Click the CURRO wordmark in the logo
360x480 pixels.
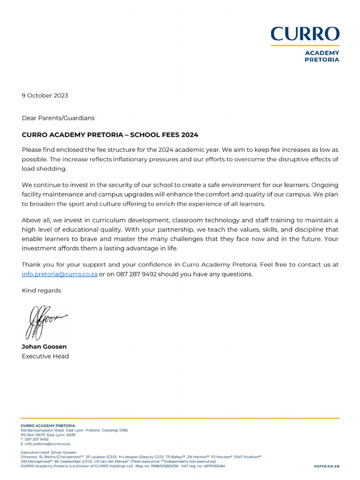click(305, 34)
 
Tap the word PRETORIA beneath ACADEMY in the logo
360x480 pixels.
click(322, 60)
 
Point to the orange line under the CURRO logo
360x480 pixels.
click(305, 45)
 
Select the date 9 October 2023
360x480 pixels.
click(45, 96)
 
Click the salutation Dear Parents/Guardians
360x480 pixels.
click(58, 118)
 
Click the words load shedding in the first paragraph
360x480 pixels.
click(45, 169)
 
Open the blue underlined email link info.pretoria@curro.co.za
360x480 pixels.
click(60, 274)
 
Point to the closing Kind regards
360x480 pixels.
click(41, 291)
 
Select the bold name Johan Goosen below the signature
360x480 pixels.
click(44, 347)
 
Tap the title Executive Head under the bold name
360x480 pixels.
click(45, 356)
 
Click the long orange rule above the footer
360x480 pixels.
click(180, 418)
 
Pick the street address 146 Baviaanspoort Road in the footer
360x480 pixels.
click(42, 430)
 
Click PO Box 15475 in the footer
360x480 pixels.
click(32, 435)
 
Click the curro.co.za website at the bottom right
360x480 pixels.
click(326, 466)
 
